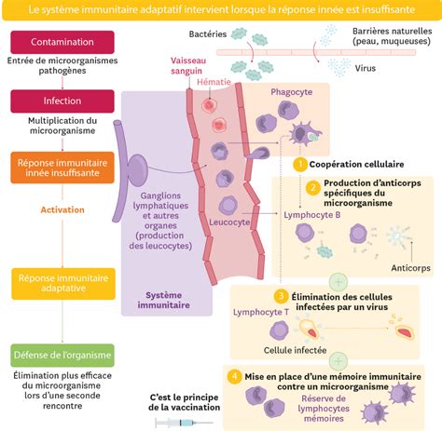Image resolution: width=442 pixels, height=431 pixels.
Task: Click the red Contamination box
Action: click(x=62, y=42)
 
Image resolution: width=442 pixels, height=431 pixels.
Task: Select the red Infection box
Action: click(x=62, y=101)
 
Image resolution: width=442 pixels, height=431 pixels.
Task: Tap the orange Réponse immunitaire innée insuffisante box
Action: click(x=62, y=168)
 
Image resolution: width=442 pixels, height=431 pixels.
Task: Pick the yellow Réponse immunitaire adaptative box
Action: click(x=62, y=282)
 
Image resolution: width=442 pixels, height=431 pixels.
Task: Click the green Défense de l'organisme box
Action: click(x=62, y=355)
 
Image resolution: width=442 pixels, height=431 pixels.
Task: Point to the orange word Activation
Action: click(x=62, y=209)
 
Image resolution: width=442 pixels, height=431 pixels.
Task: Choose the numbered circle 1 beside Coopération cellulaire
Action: click(x=300, y=164)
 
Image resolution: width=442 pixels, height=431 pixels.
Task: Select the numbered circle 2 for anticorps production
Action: click(x=314, y=187)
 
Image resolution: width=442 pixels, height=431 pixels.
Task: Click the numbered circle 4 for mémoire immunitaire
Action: click(x=234, y=375)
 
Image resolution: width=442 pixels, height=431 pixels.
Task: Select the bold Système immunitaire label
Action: click(x=164, y=298)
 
